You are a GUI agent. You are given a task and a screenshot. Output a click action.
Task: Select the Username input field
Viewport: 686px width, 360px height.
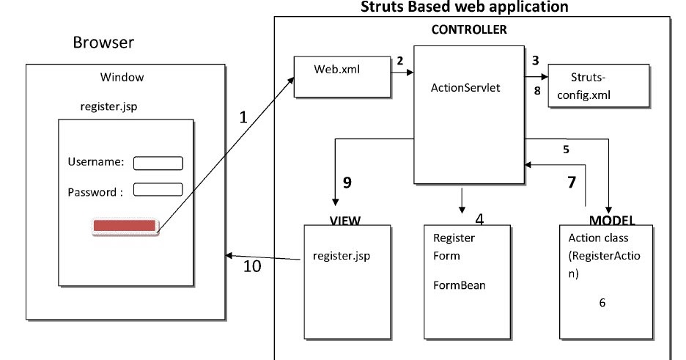(158, 163)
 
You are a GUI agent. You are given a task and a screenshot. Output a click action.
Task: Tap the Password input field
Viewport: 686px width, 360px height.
(158, 190)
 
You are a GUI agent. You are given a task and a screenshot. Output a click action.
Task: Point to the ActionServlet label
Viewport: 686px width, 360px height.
(466, 88)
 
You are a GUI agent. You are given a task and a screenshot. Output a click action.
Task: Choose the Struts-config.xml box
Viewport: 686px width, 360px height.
(598, 86)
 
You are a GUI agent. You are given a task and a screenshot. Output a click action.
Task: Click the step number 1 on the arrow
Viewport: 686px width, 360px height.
(244, 116)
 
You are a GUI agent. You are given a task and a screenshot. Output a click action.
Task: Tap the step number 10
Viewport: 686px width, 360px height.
(251, 266)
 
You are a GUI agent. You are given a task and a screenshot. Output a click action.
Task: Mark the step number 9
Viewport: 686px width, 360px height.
(347, 183)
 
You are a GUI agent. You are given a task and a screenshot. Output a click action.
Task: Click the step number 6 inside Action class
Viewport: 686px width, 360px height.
(602, 302)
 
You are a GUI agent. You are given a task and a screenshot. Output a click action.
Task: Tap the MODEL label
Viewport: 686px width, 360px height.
(612, 220)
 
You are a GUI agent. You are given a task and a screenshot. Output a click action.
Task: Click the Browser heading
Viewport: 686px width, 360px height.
(103, 43)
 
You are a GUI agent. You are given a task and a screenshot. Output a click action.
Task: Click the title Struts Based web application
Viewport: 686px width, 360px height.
(465, 7)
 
